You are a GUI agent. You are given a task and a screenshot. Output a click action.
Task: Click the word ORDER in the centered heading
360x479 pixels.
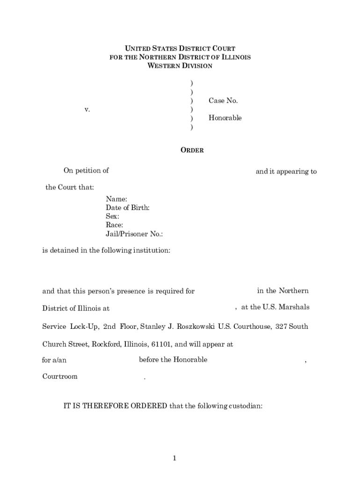[x=192, y=151]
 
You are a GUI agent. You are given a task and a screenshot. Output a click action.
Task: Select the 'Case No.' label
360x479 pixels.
[x=223, y=101]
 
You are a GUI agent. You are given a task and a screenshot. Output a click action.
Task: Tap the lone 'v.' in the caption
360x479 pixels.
[x=87, y=109]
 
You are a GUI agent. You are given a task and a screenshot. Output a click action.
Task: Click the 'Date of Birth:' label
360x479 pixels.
[x=128, y=208]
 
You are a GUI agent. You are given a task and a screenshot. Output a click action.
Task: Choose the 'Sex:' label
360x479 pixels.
[x=112, y=217]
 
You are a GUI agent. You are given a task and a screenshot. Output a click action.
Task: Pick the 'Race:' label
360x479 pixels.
[x=115, y=225]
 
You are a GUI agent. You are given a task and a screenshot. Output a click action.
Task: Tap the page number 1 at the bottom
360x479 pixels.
[x=174, y=458]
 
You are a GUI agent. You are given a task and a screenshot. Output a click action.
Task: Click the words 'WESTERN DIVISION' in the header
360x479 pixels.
[x=180, y=66]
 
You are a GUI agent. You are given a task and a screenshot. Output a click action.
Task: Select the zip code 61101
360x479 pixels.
[x=161, y=345]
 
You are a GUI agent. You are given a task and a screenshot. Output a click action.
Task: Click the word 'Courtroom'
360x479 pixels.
[x=60, y=377]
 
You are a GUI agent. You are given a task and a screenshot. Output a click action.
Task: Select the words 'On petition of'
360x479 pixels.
[x=86, y=171]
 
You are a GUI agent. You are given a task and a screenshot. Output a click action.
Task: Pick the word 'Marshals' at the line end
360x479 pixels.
[x=293, y=307]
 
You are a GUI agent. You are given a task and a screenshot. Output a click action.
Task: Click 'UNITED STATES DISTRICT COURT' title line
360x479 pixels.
[x=180, y=49]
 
